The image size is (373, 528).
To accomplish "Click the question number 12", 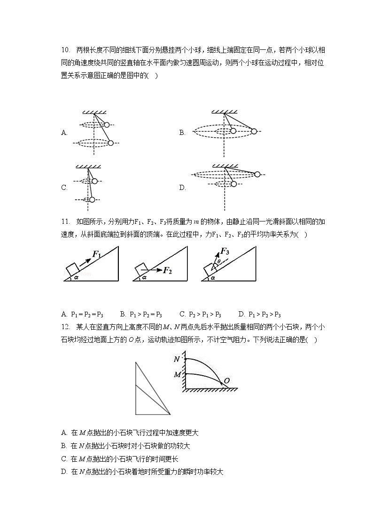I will coord(65,327).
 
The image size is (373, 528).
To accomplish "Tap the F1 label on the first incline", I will coord(96,254).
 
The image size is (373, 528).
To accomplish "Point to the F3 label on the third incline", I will coord(225,251).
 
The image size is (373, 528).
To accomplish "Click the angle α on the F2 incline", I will coord(144,277).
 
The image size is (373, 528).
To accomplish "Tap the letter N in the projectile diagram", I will coord(177,359).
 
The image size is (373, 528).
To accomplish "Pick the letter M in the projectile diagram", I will coord(177,374).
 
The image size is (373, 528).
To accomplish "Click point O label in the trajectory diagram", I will coord(226,381).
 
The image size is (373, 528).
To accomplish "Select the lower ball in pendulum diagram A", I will coord(111,143).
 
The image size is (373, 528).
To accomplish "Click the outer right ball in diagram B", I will coord(254,131).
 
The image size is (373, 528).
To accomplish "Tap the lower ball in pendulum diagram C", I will coord(92,200).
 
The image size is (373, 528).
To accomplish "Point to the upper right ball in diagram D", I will coord(257,174).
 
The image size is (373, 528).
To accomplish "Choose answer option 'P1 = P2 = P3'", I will coord(82,314).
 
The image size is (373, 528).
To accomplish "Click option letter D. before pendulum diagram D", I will coord(182,188).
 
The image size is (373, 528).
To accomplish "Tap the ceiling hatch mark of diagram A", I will coord(94,112).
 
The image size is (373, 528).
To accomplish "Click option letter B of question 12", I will coord(64,446).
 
